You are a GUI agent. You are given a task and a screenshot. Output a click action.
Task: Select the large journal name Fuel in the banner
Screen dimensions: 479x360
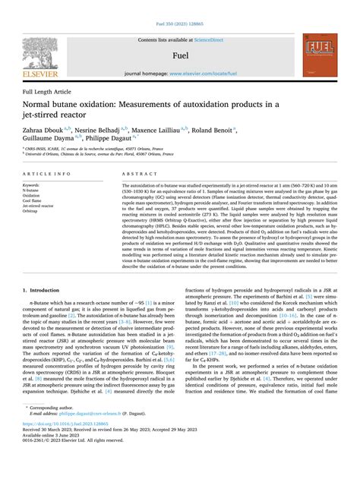pos(179,55)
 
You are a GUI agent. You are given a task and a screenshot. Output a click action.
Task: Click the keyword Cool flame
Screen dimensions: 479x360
pos(34,200)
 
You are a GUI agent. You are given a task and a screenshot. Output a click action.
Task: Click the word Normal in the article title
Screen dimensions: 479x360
pos(43,105)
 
